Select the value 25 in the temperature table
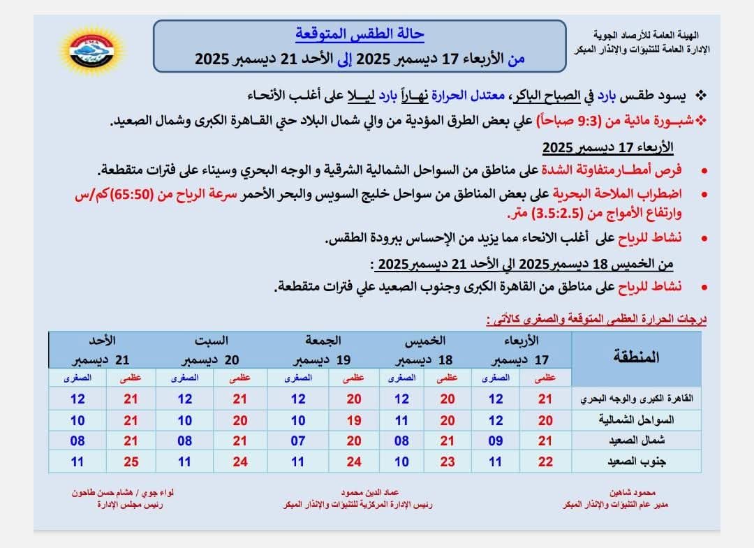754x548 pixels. (130, 461)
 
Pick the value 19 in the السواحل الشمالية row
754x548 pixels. (355, 421)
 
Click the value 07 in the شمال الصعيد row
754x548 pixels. (298, 441)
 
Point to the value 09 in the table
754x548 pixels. (495, 441)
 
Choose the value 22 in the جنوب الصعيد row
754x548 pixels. (545, 461)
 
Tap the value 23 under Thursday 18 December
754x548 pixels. (447, 461)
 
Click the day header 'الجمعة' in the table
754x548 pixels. (323, 341)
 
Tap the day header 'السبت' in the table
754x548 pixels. (215, 341)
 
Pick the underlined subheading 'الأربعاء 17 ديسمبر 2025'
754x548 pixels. (607, 147)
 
